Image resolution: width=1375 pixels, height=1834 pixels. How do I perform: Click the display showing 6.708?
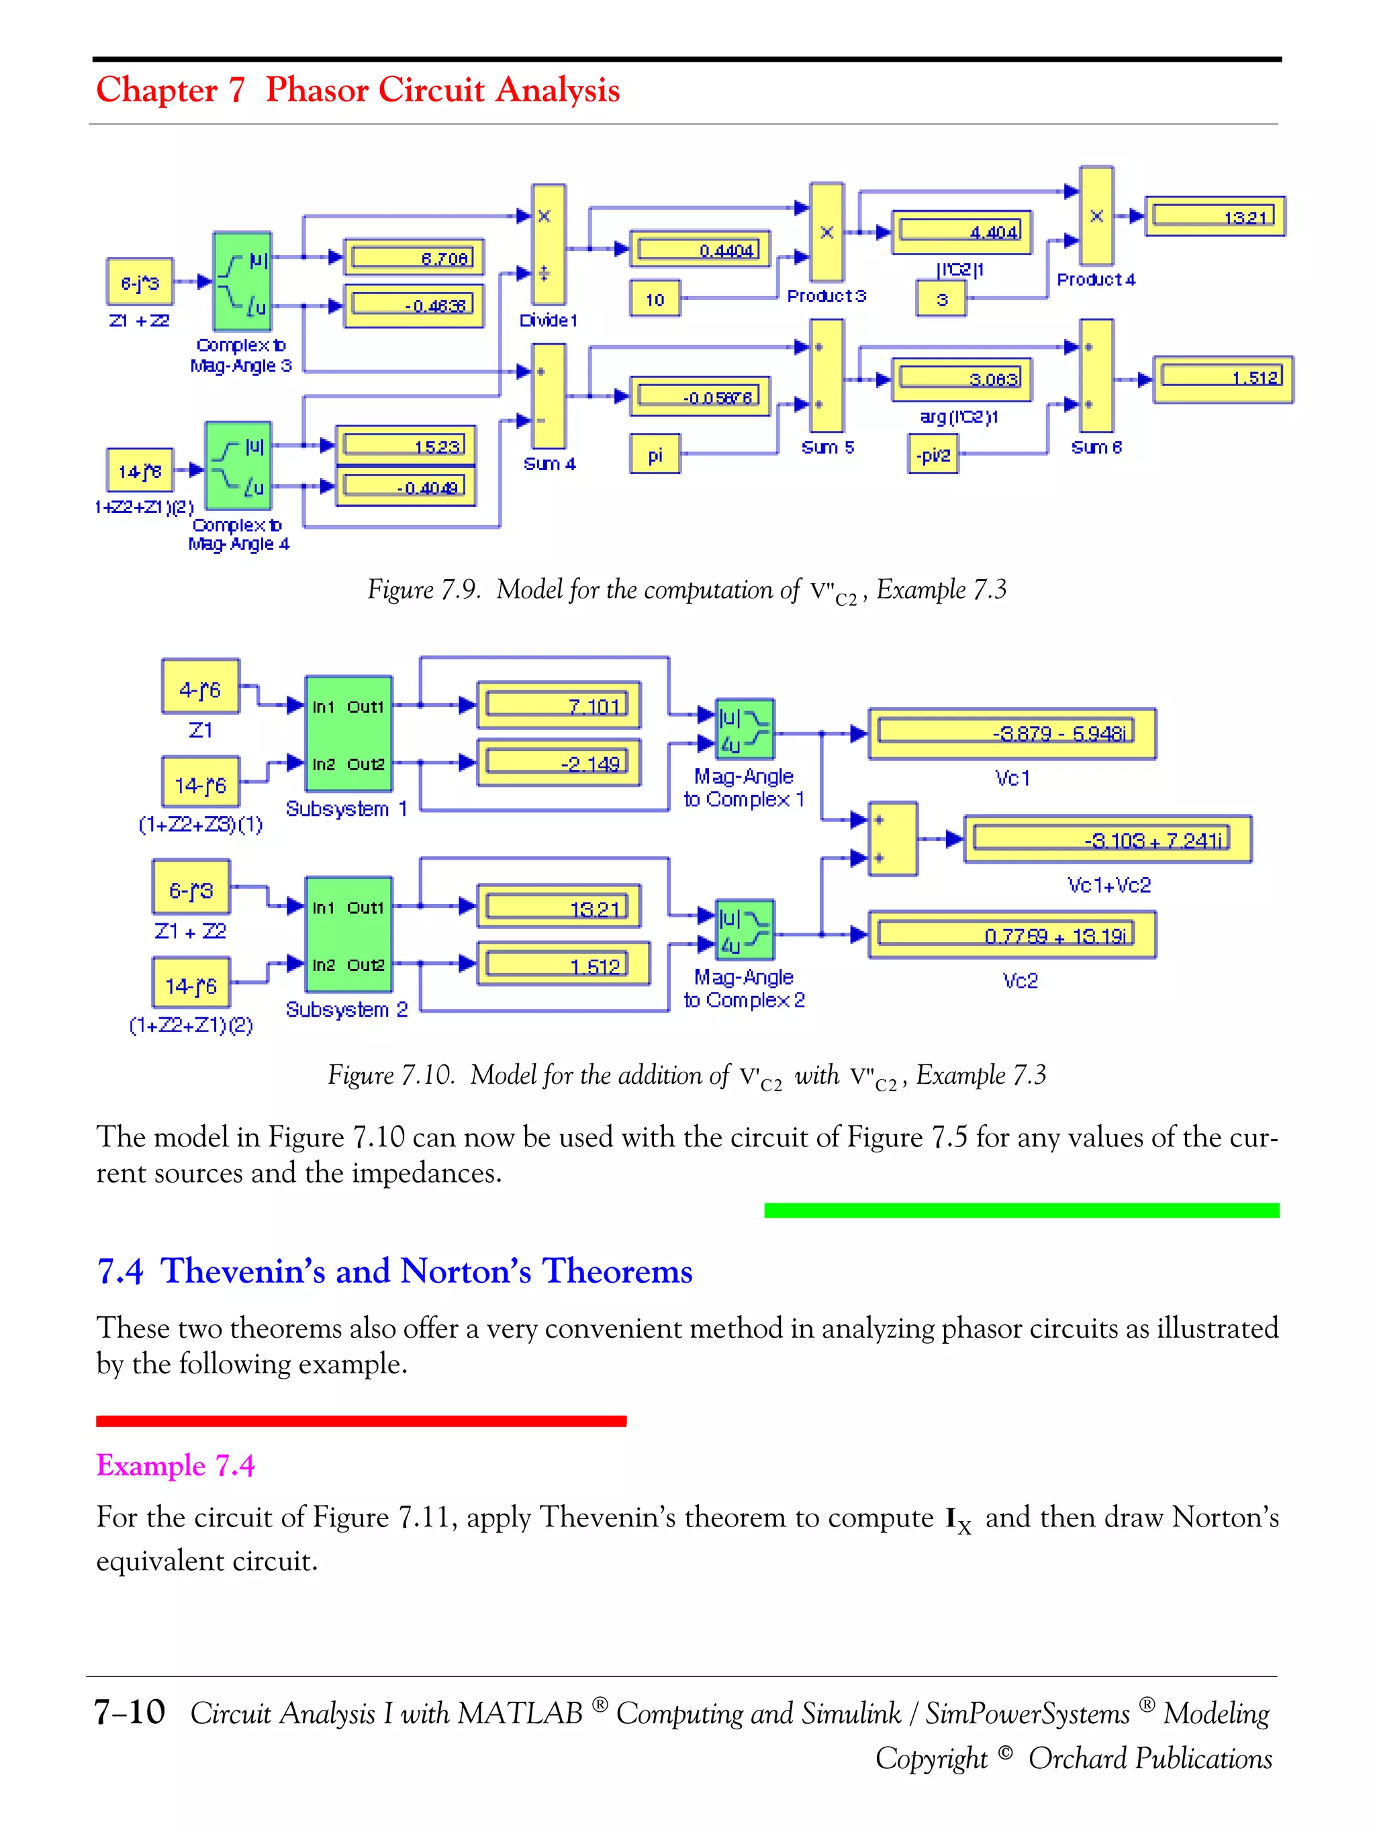pos(414,257)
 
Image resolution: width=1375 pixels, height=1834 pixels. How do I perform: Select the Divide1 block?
pos(548,244)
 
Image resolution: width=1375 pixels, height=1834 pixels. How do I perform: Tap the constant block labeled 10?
pos(655,300)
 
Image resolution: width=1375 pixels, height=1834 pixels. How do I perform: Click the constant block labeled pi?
pos(655,455)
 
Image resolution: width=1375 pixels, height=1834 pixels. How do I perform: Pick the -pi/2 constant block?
pos(933,455)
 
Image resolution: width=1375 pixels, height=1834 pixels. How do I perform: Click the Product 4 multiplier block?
pos(1096,216)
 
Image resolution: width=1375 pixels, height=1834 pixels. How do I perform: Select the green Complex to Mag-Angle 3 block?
pos(242,282)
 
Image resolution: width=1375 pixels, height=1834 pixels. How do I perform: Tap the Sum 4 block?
pos(548,396)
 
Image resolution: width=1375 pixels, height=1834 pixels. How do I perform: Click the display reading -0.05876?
pos(700,396)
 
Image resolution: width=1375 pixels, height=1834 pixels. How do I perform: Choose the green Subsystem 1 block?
pos(348,735)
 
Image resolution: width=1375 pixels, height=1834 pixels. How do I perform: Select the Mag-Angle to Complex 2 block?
pos(745,929)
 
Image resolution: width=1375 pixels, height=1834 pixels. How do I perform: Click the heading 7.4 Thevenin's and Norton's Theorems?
pos(395,1271)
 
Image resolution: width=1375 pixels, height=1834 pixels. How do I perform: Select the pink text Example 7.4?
pos(175,1465)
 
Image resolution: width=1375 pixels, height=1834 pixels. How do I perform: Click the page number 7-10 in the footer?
pos(130,1712)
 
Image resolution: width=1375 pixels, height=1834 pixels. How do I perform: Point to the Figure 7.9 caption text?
pos(686,590)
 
